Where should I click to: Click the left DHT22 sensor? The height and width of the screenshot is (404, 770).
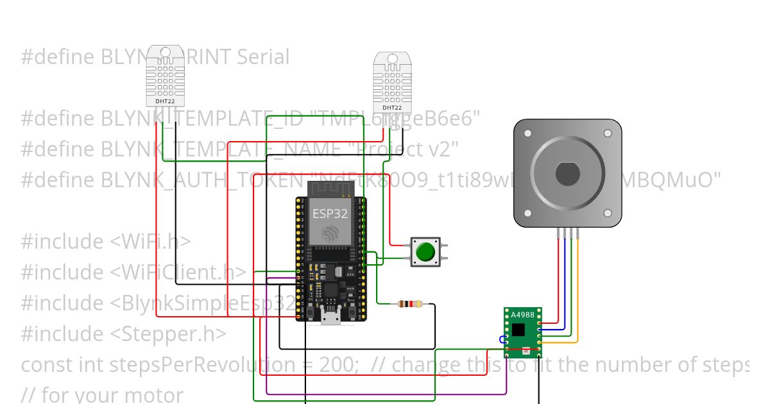(165, 76)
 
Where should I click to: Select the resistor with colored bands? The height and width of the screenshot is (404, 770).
(410, 304)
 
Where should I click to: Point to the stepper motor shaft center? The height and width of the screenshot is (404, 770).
(567, 174)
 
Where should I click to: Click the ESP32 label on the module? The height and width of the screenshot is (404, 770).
(330, 213)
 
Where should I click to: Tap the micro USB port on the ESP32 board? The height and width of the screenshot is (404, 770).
(330, 316)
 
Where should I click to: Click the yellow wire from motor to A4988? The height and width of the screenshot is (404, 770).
(579, 289)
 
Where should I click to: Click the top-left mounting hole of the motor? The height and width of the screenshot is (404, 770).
(527, 133)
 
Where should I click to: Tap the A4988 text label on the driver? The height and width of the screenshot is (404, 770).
(522, 314)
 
